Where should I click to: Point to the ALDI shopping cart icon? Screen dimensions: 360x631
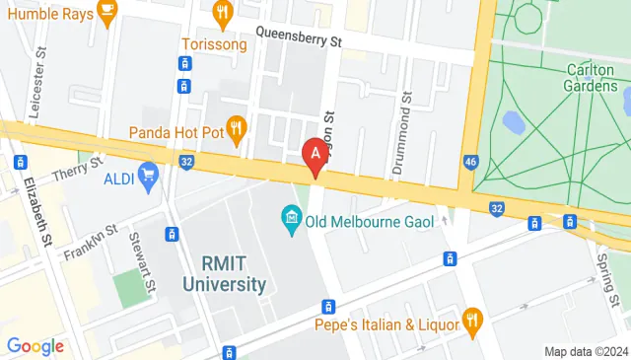(149, 177)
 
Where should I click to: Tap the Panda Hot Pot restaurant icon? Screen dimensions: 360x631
(236, 127)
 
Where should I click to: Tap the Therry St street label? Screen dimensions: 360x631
(83, 169)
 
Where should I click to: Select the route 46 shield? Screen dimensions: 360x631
(471, 161)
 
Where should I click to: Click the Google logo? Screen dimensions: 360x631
(35, 345)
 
